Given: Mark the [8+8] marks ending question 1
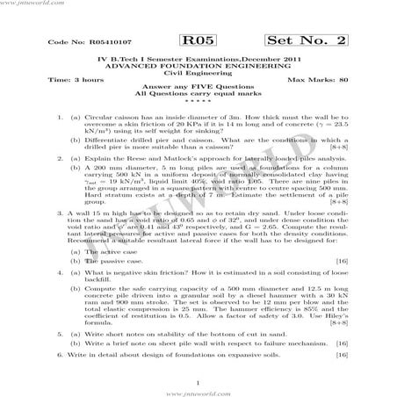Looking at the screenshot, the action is [x=337, y=147].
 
